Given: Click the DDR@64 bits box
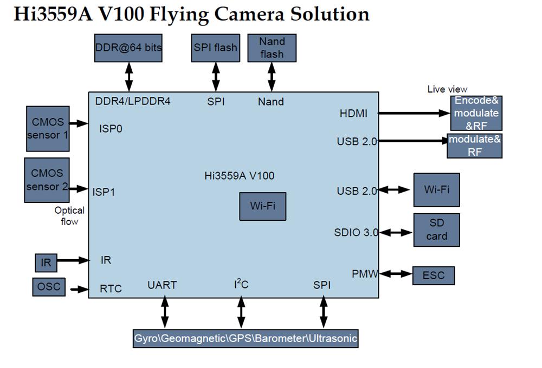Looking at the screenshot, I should [x=128, y=48].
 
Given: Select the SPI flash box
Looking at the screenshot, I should [x=215, y=48].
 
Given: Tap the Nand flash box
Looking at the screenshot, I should [x=272, y=48].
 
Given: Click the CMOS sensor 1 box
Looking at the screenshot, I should [x=48, y=129].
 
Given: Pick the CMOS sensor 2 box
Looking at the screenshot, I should [x=47, y=180].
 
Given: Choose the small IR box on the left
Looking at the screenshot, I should [x=46, y=262].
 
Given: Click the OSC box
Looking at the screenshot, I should [x=49, y=286].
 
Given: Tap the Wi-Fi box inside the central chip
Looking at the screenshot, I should [x=262, y=206].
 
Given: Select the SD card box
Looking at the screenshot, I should [x=436, y=229].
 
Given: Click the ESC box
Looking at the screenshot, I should [x=433, y=275].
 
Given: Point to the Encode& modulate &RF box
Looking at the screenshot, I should [x=476, y=113].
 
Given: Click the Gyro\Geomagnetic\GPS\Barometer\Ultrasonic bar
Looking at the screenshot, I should [x=246, y=339].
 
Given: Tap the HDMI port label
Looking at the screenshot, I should [x=353, y=113].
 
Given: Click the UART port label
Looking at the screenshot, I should [x=162, y=285].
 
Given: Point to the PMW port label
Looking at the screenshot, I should [x=365, y=273].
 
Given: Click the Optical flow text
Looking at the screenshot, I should [x=69, y=215].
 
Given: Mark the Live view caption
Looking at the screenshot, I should [x=447, y=89].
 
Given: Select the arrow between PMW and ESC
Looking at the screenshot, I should [x=396, y=274].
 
